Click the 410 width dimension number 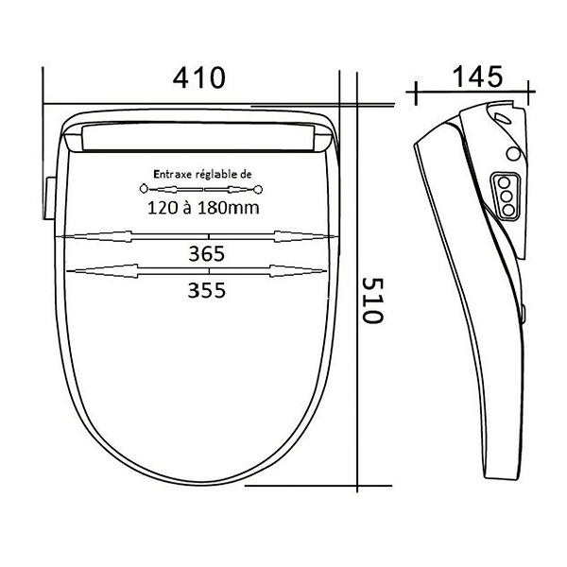(198, 77)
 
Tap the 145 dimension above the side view (477, 77)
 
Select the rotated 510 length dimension (372, 301)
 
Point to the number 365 (206, 254)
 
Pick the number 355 (206, 290)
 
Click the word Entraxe (173, 174)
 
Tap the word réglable (215, 175)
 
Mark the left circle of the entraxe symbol (144, 189)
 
